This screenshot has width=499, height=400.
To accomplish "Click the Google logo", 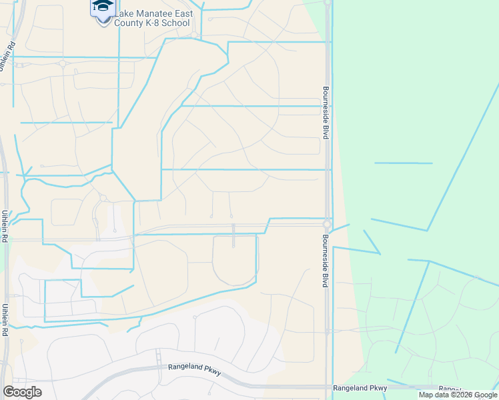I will (22, 392).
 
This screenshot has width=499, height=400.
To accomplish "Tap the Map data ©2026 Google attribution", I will (458, 395).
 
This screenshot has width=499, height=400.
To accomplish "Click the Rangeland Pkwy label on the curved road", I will (194, 368).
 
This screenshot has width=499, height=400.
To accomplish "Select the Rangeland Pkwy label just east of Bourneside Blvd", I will (360, 387).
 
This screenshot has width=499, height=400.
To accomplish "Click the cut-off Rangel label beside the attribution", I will (450, 388).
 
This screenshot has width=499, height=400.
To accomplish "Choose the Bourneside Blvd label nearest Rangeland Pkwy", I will (326, 260).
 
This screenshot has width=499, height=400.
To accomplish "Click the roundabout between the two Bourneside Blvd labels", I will (327, 224).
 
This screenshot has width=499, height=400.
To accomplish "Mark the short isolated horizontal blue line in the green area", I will (403, 163).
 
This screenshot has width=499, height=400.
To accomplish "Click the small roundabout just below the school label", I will (194, 35).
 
